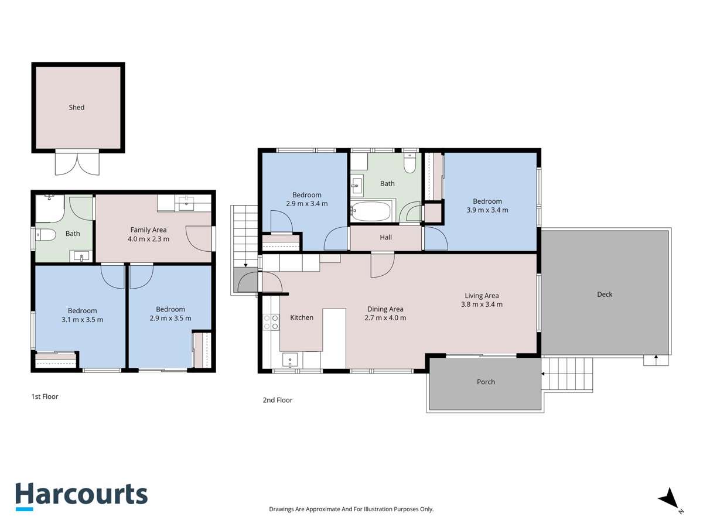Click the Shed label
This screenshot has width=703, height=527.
77,107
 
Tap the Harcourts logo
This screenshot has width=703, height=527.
81,495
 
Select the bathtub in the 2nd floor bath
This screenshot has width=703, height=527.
371,211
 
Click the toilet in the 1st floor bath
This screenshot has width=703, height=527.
45,235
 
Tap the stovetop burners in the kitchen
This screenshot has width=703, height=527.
271,323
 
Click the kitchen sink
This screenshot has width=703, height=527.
290,359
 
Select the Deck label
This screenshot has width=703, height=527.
605,295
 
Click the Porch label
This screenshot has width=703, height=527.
486,382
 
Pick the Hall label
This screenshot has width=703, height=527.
385,237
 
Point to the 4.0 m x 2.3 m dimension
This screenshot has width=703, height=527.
149,239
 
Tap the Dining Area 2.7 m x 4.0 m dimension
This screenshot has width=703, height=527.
385,318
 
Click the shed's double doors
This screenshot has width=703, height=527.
77,162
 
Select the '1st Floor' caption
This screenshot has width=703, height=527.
45,396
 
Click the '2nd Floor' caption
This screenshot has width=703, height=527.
277,400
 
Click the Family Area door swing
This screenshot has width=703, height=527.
198,237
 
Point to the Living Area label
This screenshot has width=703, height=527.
482,296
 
